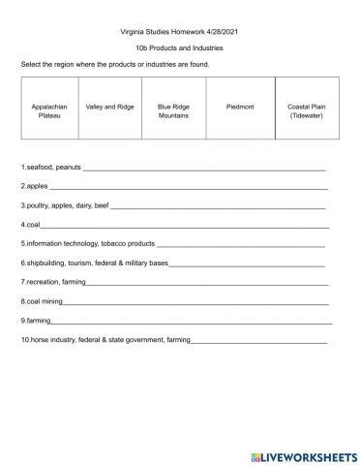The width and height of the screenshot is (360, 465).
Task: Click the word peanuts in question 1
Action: [69, 166]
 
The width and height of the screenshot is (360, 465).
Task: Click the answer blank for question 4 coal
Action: [184, 226]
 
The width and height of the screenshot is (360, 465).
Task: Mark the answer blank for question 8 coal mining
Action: [194, 302]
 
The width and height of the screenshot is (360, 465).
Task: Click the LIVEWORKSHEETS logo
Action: [303, 455]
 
